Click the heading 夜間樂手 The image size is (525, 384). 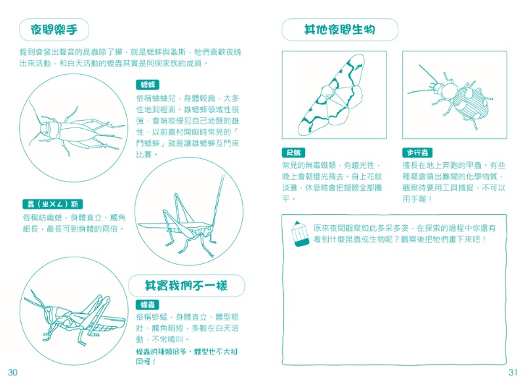(54, 30)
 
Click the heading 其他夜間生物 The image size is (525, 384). (339, 30)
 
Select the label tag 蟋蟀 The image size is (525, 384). (148, 85)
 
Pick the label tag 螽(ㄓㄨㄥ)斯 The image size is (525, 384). (52, 204)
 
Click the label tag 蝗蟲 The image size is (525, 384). (148, 305)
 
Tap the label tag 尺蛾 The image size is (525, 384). (293, 152)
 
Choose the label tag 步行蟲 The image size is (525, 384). (416, 152)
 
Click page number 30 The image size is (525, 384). (12, 372)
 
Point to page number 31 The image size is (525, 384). (513, 372)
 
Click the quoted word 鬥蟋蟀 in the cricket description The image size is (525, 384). (155, 142)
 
